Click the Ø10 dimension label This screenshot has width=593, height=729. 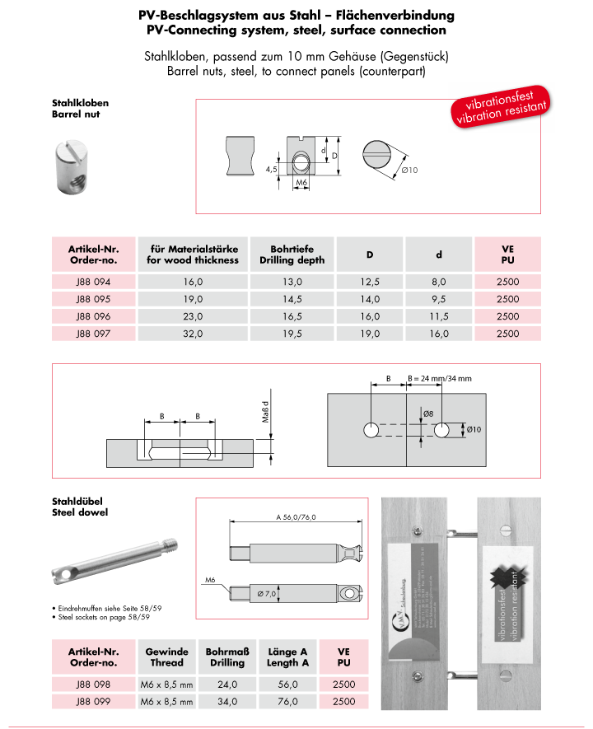pyautogui.click(x=409, y=171)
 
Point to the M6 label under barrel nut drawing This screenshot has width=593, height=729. pyautogui.click(x=301, y=182)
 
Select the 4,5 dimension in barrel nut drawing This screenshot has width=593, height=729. pyautogui.click(x=270, y=169)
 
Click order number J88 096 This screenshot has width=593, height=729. pyautogui.click(x=92, y=315)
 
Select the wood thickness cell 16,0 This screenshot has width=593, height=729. pyautogui.click(x=192, y=281)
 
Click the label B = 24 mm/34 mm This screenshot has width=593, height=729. pyautogui.click(x=440, y=378)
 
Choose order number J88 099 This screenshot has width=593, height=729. pyautogui.click(x=92, y=701)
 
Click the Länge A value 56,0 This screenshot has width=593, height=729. pyautogui.click(x=288, y=684)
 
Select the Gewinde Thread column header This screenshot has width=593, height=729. pyautogui.click(x=167, y=657)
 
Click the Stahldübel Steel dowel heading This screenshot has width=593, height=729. pyautogui.click(x=80, y=506)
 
